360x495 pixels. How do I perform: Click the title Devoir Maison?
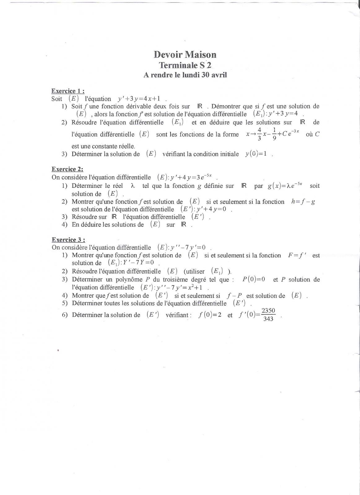[185, 55]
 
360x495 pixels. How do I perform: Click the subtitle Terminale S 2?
[185, 65]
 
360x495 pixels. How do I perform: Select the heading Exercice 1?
[68, 91]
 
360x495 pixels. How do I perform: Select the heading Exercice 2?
[67, 169]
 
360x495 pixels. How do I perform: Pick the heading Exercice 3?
[68, 240]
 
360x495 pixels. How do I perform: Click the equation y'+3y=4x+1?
[139, 99]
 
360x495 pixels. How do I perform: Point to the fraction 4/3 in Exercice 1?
[259, 134]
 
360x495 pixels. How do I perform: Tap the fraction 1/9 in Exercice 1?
[274, 134]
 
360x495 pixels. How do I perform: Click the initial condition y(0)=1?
[256, 154]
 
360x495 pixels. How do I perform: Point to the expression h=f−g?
[303, 202]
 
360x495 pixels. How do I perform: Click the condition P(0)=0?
[254, 279]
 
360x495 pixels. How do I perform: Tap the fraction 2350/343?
[268, 315]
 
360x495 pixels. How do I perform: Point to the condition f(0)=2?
[210, 315]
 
